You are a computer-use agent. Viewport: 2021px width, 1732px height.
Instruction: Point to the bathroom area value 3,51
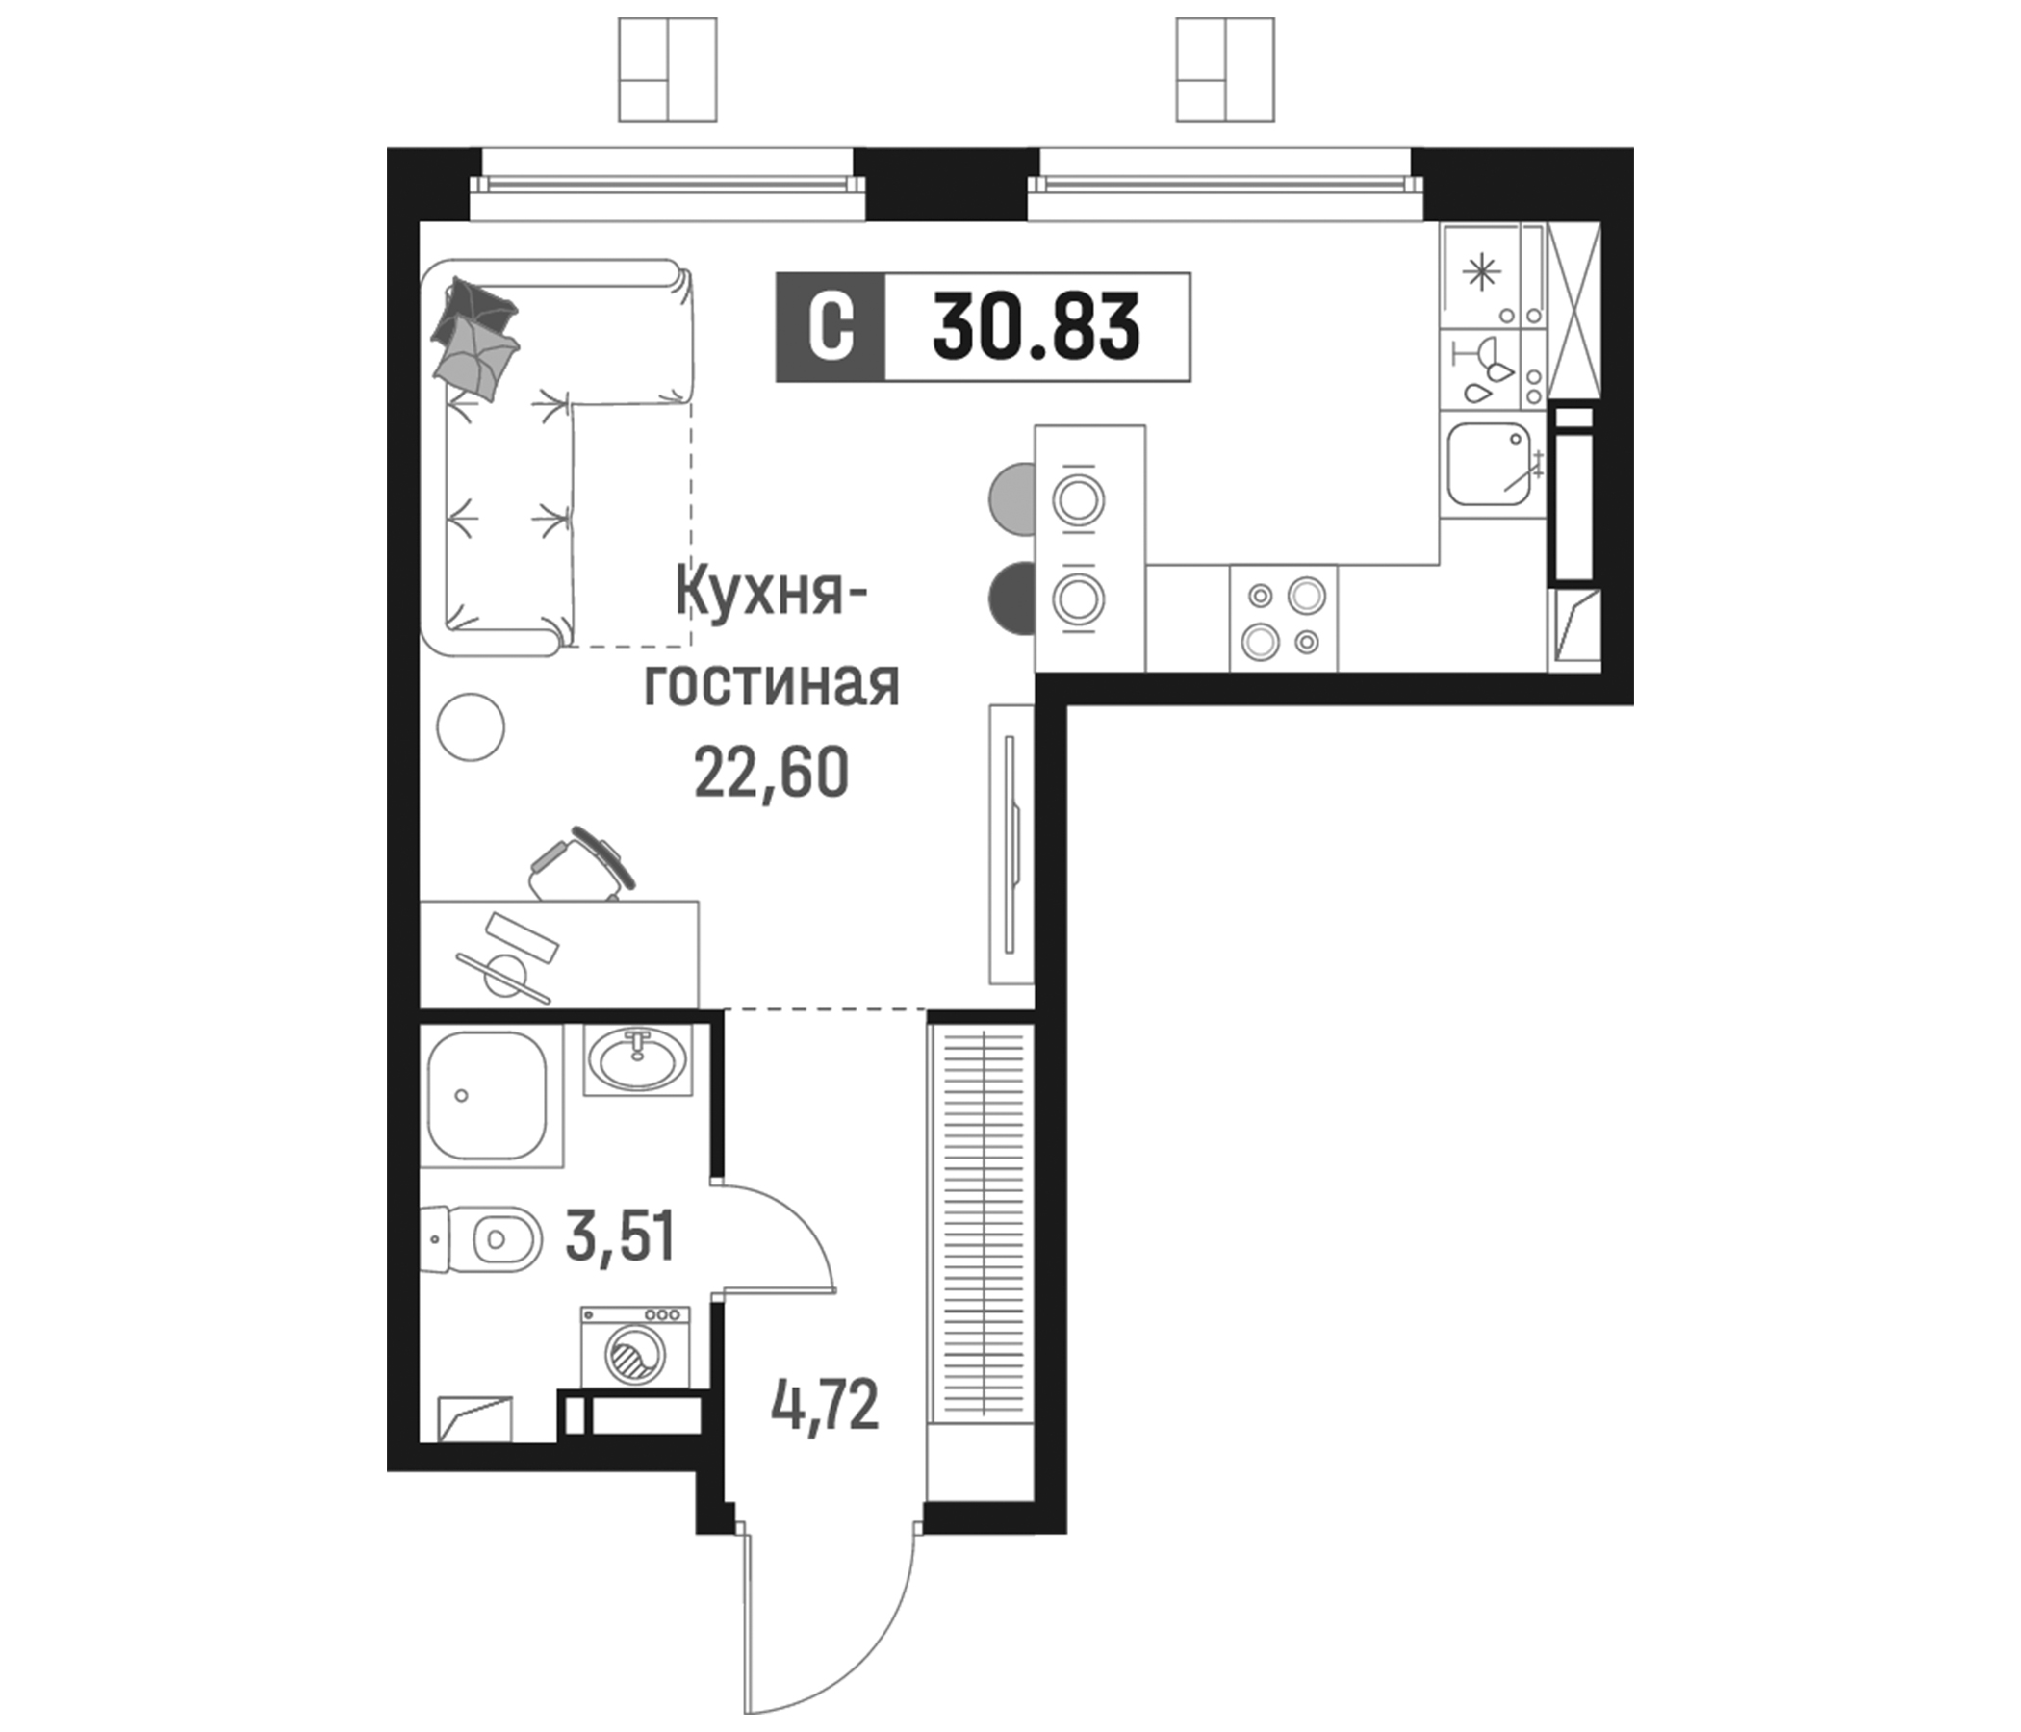[x=621, y=1237]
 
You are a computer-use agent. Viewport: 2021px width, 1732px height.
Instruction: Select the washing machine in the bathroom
[x=635, y=1347]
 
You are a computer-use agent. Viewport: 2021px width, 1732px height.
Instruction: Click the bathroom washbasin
[x=637, y=1059]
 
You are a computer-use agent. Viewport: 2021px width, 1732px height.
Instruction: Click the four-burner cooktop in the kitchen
[x=1284, y=619]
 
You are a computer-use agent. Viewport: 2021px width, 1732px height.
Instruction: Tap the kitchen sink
[x=1489, y=464]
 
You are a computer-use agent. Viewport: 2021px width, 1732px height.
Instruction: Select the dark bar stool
[x=1012, y=597]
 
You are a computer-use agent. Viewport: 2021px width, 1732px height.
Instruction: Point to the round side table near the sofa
[x=472, y=726]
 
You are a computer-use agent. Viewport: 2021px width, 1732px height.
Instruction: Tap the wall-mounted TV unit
[x=1010, y=844]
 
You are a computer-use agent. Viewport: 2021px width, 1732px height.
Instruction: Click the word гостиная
[x=771, y=684]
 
